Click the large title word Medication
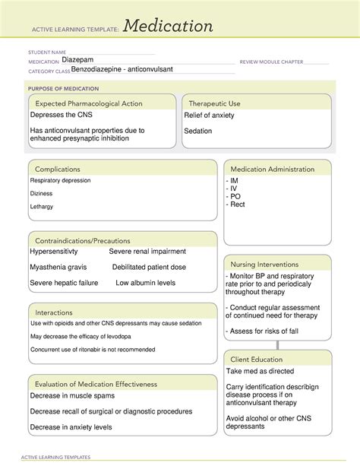point(168,27)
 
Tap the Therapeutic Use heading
point(214,103)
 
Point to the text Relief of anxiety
point(209,116)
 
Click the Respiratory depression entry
point(60,181)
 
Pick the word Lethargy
point(42,206)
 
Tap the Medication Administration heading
point(273,169)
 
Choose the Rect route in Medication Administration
point(238,204)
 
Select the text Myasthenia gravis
point(60,267)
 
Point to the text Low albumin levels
point(145,283)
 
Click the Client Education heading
point(257,359)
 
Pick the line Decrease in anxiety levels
point(71,427)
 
